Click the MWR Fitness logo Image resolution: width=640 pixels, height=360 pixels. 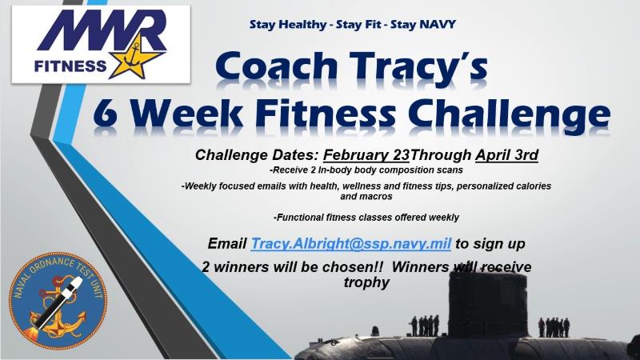100,44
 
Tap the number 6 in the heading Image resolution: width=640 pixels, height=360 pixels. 107,114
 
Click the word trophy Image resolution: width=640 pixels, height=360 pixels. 367,282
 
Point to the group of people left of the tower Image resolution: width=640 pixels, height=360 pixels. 424,325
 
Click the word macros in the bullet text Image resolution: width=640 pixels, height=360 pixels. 379,196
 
